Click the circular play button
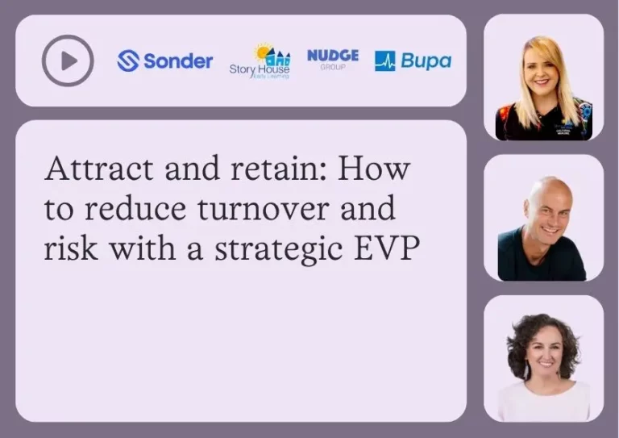pyautogui.click(x=68, y=60)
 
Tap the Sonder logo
pyautogui.click(x=165, y=60)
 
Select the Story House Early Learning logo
pyautogui.click(x=260, y=61)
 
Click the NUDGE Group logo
pyautogui.click(x=333, y=59)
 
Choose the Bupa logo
pyautogui.click(x=413, y=60)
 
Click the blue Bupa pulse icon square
pyautogui.click(x=385, y=60)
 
